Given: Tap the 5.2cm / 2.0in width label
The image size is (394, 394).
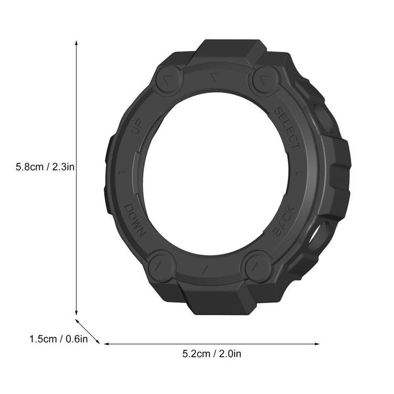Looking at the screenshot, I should [x=212, y=354].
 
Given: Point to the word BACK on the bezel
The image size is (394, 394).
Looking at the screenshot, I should [x=284, y=221].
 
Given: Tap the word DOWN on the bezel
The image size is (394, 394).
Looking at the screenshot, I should [x=134, y=219].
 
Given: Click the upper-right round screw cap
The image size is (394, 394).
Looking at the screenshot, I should [x=264, y=80].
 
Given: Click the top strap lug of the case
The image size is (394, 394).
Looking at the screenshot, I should [x=230, y=50].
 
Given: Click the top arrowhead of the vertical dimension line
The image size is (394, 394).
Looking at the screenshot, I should [x=77, y=42].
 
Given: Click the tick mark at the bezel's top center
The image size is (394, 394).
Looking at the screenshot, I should [x=213, y=77].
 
